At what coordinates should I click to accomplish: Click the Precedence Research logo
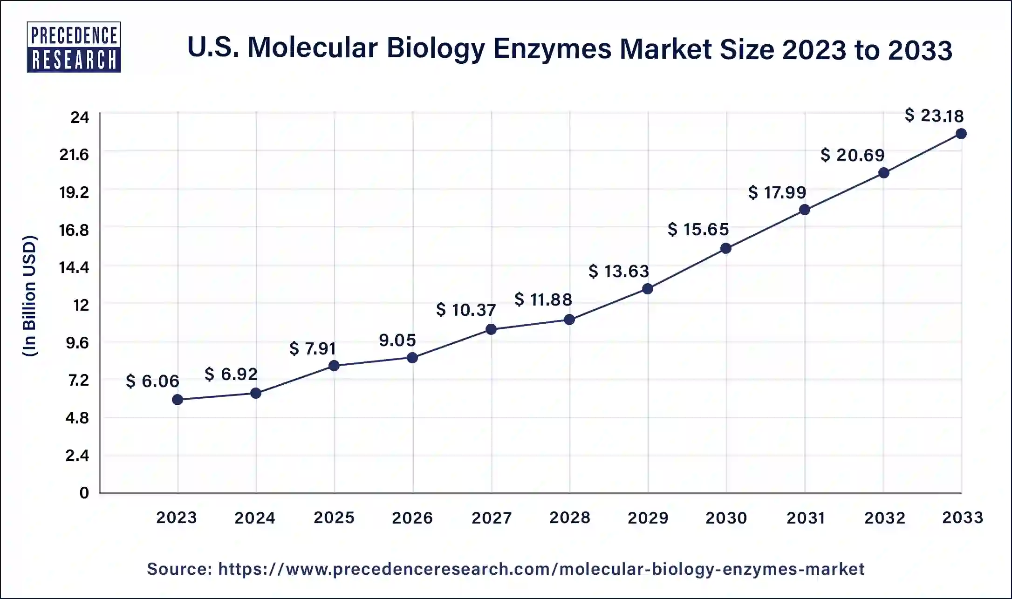pyautogui.click(x=74, y=47)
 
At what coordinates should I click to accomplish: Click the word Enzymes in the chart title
pyautogui.click(x=552, y=49)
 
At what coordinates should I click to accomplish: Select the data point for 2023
pyautogui.click(x=178, y=400)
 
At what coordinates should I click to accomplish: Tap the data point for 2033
pyautogui.click(x=961, y=134)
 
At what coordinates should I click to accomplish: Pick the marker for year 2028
pyautogui.click(x=569, y=320)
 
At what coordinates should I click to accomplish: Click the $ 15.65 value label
pyautogui.click(x=697, y=229)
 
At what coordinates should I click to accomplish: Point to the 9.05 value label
pyautogui.click(x=397, y=340)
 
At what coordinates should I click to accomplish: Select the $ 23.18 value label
pyautogui.click(x=934, y=116)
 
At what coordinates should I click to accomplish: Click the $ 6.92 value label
pyautogui.click(x=231, y=374)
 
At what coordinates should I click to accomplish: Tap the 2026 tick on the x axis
pyautogui.click(x=412, y=517)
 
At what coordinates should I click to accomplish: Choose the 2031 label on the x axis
pyautogui.click(x=806, y=517)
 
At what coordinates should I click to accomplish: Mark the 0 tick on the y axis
pyautogui.click(x=84, y=493)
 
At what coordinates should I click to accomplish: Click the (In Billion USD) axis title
pyautogui.click(x=30, y=296)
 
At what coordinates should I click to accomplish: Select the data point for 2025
pyautogui.click(x=334, y=366)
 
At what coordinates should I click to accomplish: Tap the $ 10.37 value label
pyautogui.click(x=465, y=310)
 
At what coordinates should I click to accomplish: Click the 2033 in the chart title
pyautogui.click(x=920, y=50)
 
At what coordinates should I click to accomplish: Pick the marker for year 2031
pyautogui.click(x=804, y=210)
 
